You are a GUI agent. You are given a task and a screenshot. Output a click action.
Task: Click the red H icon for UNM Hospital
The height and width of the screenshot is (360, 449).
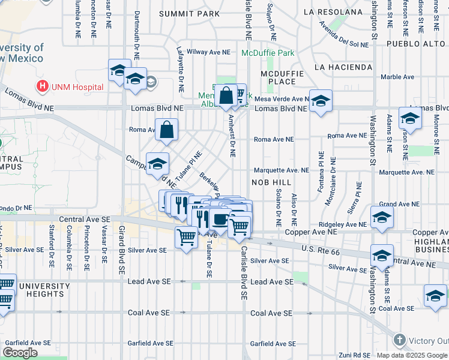[x=43, y=86]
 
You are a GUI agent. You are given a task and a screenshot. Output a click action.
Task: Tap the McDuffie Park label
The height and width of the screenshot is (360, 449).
[x=268, y=53]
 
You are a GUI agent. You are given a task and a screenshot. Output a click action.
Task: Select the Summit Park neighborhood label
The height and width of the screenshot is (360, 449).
[x=188, y=13]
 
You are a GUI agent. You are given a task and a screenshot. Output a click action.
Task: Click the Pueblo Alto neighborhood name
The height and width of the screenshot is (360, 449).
[x=415, y=44]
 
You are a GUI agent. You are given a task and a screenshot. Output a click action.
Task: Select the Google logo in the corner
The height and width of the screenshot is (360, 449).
[x=20, y=353]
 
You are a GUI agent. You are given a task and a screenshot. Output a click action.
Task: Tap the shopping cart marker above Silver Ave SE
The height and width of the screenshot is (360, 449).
[x=186, y=238]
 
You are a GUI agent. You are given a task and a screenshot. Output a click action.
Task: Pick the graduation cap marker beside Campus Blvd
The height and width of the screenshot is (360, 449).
[x=157, y=164]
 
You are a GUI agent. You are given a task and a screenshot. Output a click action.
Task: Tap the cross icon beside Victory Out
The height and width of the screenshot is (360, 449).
[x=399, y=340]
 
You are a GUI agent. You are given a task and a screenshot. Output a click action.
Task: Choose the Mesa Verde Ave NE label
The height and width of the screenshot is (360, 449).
[x=282, y=99]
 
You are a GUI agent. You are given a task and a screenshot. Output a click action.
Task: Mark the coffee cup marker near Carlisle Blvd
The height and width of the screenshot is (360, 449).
[x=221, y=220]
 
